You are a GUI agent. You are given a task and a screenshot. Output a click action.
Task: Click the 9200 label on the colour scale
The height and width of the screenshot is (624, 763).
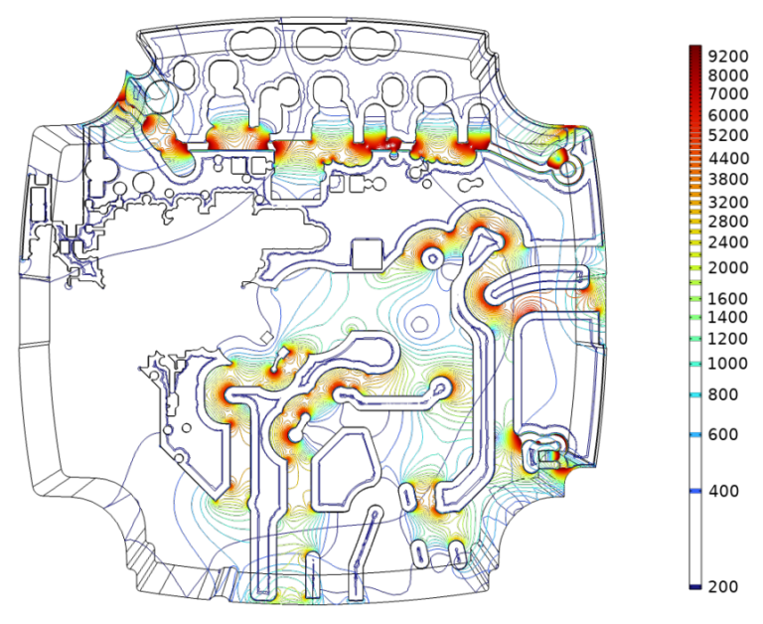[x=728, y=57]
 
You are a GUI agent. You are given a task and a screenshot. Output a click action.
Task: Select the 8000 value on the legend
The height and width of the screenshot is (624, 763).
[x=728, y=76]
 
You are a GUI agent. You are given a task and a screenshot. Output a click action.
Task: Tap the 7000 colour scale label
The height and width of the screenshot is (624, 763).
[x=728, y=93]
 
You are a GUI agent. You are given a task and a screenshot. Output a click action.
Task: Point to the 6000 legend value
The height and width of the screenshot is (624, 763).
[x=728, y=115]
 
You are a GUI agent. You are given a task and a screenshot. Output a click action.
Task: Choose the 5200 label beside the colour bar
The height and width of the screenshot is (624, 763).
[x=728, y=135]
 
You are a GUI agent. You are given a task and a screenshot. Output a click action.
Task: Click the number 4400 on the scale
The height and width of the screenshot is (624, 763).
[x=728, y=158]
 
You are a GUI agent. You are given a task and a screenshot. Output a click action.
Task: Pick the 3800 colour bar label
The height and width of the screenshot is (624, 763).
[x=728, y=179]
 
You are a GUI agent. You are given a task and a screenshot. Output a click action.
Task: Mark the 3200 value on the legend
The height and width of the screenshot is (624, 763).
[x=728, y=202]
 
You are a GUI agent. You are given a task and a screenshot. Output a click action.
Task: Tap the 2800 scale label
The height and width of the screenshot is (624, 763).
[x=728, y=222]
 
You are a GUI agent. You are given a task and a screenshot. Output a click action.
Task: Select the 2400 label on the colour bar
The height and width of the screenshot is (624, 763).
[x=728, y=241]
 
